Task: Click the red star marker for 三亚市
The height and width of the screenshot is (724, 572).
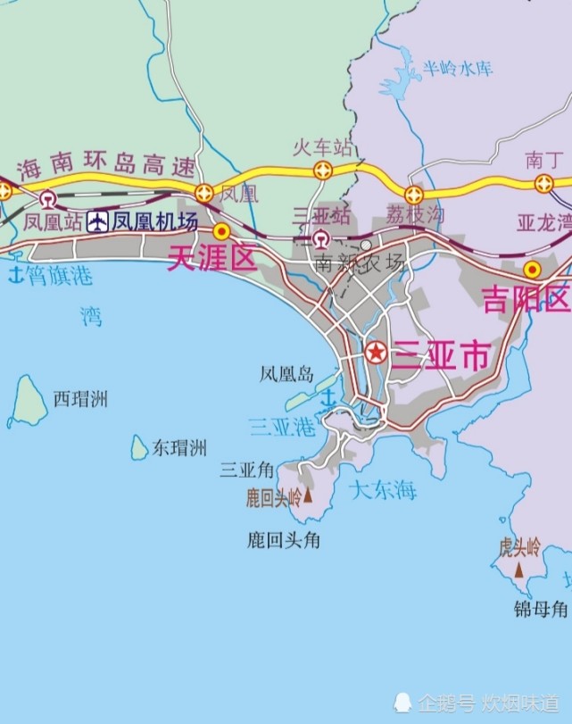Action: pos(376,353)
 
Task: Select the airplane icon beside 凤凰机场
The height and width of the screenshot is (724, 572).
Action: pos(97,221)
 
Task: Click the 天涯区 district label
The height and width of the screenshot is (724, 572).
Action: pos(212,259)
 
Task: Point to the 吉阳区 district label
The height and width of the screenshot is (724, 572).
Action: pos(526,299)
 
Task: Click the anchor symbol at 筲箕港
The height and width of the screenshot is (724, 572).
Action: pos(15,276)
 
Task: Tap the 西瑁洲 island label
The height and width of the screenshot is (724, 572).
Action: pos(80,399)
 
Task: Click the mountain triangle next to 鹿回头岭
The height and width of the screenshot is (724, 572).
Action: pos(309,495)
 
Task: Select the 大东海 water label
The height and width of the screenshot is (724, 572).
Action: pos(383,489)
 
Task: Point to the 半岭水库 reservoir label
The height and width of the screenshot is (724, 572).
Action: pos(458,69)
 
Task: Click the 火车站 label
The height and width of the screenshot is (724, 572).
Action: pos(324,147)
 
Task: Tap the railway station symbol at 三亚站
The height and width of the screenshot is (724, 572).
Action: pos(319,238)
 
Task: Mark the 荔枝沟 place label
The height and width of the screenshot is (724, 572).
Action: pos(415,214)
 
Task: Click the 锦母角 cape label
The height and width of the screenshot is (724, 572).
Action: pos(541,610)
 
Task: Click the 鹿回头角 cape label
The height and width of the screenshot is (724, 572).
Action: pos(283,539)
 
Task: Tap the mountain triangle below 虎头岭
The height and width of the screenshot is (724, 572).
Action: pos(518,569)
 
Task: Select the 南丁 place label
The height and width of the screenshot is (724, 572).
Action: pos(542,160)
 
